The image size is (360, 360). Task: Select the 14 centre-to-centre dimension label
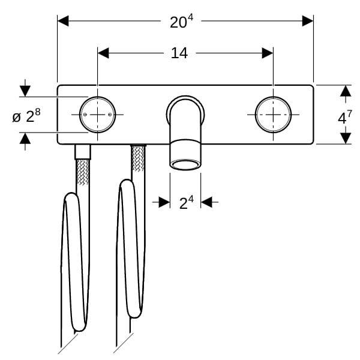179,53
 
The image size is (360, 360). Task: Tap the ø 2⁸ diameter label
26,115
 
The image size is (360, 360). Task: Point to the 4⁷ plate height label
345,117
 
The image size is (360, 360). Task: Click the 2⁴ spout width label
186,202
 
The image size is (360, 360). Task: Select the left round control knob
98,115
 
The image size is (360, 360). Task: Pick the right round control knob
273,115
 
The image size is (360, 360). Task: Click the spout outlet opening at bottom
185,164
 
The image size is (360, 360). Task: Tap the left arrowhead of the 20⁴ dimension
63,21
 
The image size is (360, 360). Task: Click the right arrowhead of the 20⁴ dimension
308,21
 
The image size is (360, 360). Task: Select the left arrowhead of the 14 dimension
103,53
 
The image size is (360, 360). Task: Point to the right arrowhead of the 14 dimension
268,53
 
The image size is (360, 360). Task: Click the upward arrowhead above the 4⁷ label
346,91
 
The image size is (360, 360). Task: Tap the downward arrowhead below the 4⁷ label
346,139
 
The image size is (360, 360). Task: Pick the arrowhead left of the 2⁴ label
164,202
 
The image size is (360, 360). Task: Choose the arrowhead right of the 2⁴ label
206,202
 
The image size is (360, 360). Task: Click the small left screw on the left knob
85,115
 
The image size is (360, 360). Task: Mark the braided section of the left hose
83,172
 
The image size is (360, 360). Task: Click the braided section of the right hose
138,159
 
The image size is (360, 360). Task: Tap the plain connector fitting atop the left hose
83,152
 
